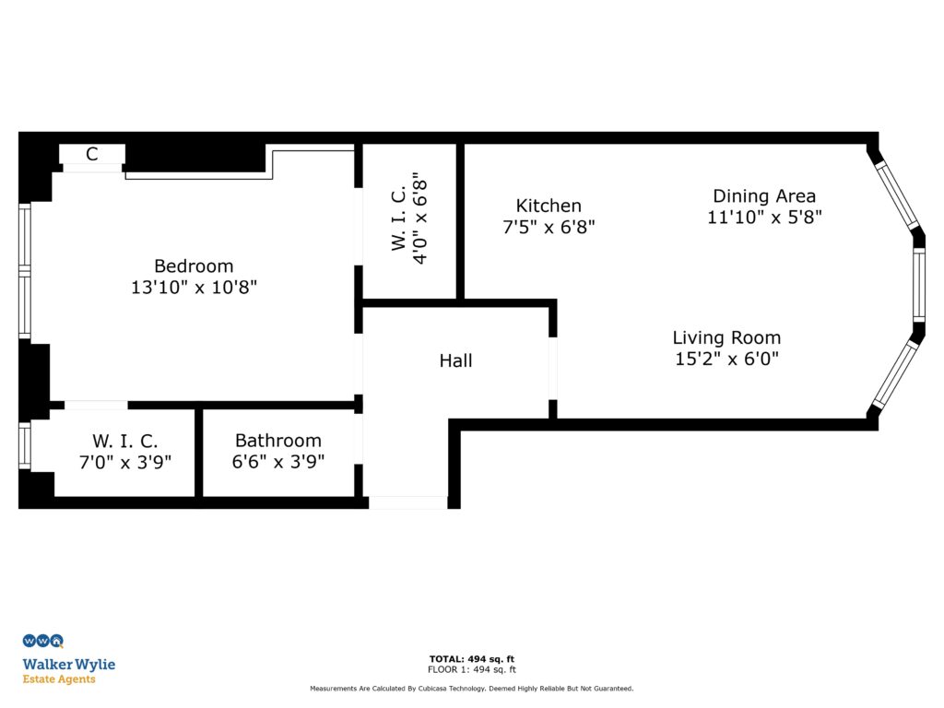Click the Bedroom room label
[x=194, y=266]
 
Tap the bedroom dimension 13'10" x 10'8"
[x=194, y=287]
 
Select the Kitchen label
[x=549, y=206]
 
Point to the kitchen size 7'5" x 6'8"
[x=549, y=227]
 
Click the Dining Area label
[x=764, y=195]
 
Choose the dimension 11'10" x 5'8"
[x=764, y=218]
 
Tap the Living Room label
[x=726, y=337]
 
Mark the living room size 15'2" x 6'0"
[x=726, y=359]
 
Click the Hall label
[x=455, y=360]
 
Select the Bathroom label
[x=278, y=441]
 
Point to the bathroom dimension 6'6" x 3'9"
[x=278, y=461]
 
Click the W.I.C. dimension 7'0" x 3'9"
[x=124, y=461]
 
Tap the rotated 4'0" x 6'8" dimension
[x=420, y=218]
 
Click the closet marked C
[x=92, y=154]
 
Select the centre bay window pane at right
[x=919, y=285]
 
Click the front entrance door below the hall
[x=407, y=502]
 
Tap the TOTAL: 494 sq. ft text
[x=472, y=659]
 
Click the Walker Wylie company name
[x=69, y=665]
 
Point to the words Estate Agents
[x=59, y=679]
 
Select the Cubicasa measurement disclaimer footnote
[x=472, y=689]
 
